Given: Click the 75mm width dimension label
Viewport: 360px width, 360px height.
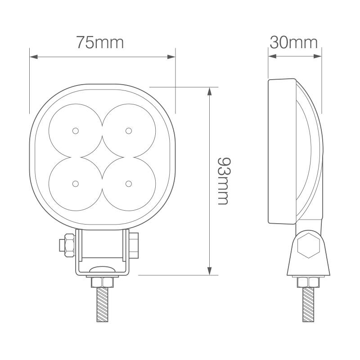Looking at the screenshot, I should (x=99, y=42).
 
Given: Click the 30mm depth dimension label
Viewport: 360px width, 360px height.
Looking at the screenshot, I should (x=293, y=42).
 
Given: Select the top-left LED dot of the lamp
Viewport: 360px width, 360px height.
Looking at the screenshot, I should (x=75, y=130).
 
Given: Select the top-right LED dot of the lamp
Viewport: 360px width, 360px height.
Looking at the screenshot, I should (x=129, y=130).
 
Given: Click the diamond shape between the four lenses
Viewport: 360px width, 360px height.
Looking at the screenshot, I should (x=102, y=157).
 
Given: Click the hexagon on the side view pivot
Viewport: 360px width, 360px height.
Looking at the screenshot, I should (x=309, y=246).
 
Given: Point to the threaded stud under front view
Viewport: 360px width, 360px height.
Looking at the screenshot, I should (x=102, y=306).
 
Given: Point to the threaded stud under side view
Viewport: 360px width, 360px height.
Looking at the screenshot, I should (x=308, y=306).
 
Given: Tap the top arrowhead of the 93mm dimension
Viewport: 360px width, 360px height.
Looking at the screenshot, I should (x=209, y=90).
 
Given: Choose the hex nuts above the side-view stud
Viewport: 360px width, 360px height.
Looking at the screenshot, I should (x=308, y=283).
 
